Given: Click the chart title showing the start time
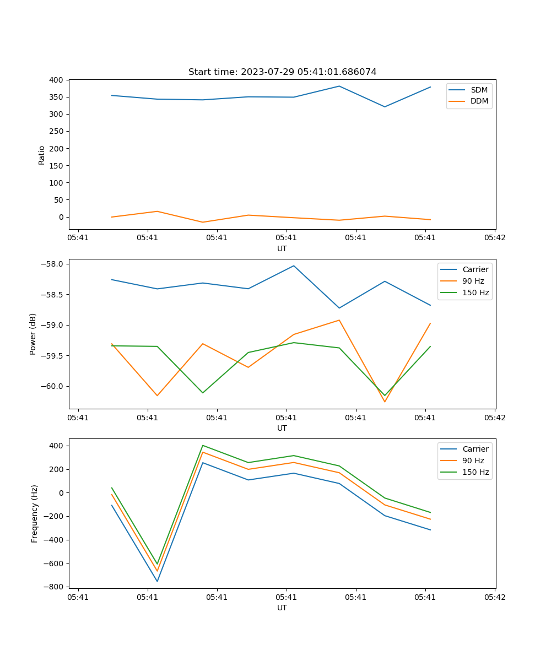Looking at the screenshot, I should [x=282, y=72].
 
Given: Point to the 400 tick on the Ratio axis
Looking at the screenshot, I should [x=56, y=80].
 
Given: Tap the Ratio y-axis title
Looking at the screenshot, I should [x=42, y=155].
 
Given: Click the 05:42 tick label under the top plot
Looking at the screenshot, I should [x=494, y=238].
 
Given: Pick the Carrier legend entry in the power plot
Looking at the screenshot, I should [x=475, y=269].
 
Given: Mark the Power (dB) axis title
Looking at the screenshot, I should [x=33, y=334].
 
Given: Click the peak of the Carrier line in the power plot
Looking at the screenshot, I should [x=294, y=266].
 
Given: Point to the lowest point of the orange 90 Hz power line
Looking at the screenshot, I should [x=385, y=402].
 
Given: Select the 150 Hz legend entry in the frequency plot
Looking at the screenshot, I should [x=476, y=472].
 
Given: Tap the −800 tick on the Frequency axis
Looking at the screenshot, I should [x=53, y=587].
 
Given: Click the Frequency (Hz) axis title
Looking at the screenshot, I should [x=35, y=513].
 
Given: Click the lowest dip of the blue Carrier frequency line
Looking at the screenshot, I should [x=157, y=581].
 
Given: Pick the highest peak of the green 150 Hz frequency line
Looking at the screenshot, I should [x=203, y=445].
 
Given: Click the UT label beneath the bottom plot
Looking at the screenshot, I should [x=282, y=608].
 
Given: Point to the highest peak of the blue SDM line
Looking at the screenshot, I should [x=339, y=86].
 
